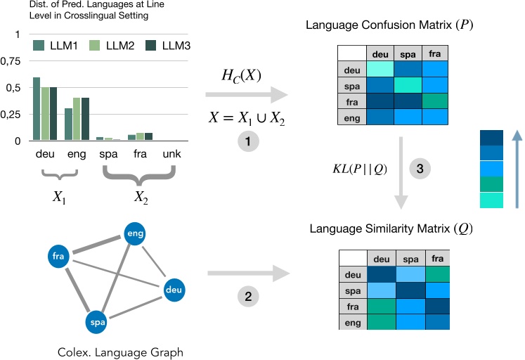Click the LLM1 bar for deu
click(x=37, y=109)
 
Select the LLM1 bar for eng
click(x=69, y=124)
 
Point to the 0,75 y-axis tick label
click(x=11, y=62)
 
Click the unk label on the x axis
click(x=171, y=155)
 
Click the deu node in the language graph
click(x=173, y=289)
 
